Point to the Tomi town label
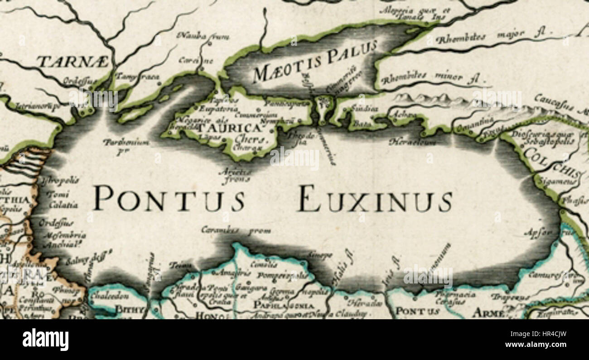pos(60,195)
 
